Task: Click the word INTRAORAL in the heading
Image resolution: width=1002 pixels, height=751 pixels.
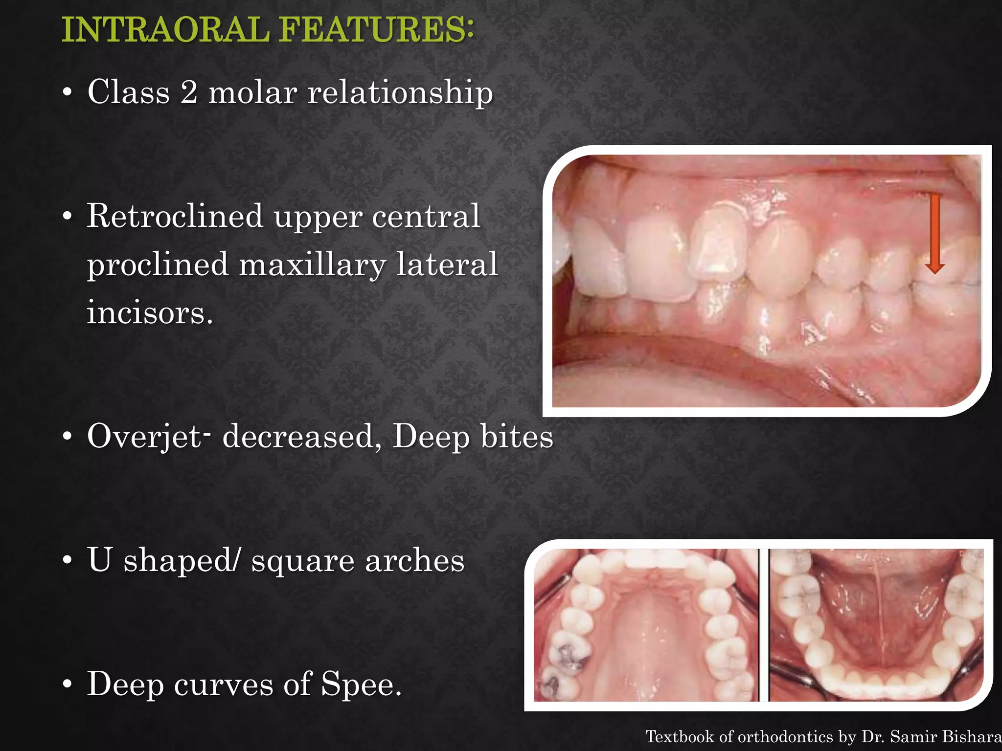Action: click(x=165, y=30)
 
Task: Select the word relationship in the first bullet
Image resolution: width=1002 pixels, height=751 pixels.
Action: click(x=400, y=92)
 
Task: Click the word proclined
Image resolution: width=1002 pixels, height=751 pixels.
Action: click(x=157, y=265)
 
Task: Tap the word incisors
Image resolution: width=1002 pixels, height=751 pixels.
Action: click(x=150, y=312)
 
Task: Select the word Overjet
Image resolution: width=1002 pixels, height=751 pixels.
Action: click(x=143, y=437)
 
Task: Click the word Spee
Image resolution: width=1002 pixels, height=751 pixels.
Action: click(x=361, y=684)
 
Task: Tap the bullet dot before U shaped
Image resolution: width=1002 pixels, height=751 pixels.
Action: click(x=68, y=560)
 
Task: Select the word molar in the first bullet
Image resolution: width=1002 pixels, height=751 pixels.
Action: click(x=252, y=92)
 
